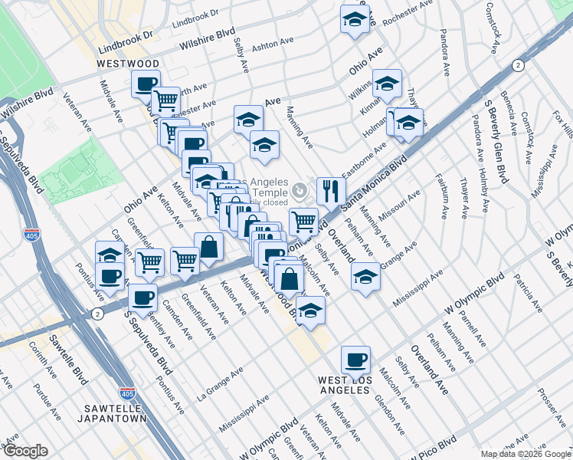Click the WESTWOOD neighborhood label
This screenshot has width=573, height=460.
(128, 63)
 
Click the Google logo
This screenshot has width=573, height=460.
(25, 451)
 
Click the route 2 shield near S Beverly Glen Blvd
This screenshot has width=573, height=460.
(519, 66)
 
